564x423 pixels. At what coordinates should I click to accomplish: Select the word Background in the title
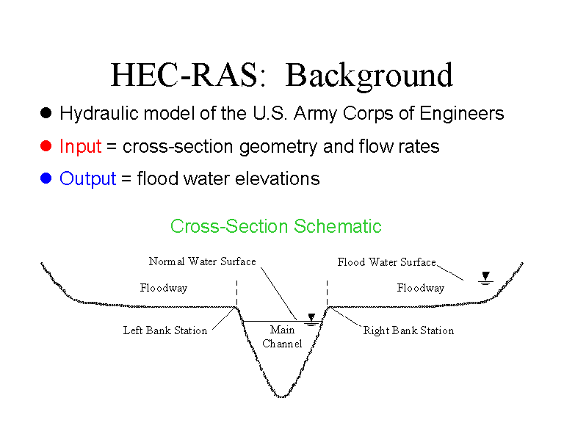pyautogui.click(x=369, y=76)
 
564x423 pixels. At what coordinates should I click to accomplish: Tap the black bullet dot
pyautogui.click(x=46, y=113)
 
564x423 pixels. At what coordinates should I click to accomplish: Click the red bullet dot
pyautogui.click(x=46, y=145)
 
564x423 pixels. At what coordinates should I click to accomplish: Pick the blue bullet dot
pyautogui.click(x=46, y=178)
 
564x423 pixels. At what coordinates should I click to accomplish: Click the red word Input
pyautogui.click(x=80, y=146)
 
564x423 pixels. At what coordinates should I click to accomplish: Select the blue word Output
pyautogui.click(x=88, y=178)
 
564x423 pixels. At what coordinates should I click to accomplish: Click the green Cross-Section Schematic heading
pyautogui.click(x=276, y=226)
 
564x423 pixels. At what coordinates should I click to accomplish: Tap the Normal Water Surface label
pyautogui.click(x=202, y=261)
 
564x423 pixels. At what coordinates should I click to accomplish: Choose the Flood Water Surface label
pyautogui.click(x=386, y=262)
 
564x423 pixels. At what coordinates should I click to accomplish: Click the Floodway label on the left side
pyautogui.click(x=164, y=288)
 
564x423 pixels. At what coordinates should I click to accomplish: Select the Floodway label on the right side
pyautogui.click(x=421, y=288)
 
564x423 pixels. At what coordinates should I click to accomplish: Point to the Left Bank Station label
pyautogui.click(x=165, y=330)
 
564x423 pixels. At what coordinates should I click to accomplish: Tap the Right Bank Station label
pyautogui.click(x=408, y=330)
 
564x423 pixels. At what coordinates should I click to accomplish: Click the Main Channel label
pyautogui.click(x=282, y=337)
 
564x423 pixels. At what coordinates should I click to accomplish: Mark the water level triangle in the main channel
pyautogui.click(x=311, y=318)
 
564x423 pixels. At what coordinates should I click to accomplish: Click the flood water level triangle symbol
pyautogui.click(x=485, y=276)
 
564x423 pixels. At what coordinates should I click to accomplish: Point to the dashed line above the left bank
pyautogui.click(x=236, y=296)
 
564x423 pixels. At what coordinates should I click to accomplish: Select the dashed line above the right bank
pyautogui.click(x=328, y=296)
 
